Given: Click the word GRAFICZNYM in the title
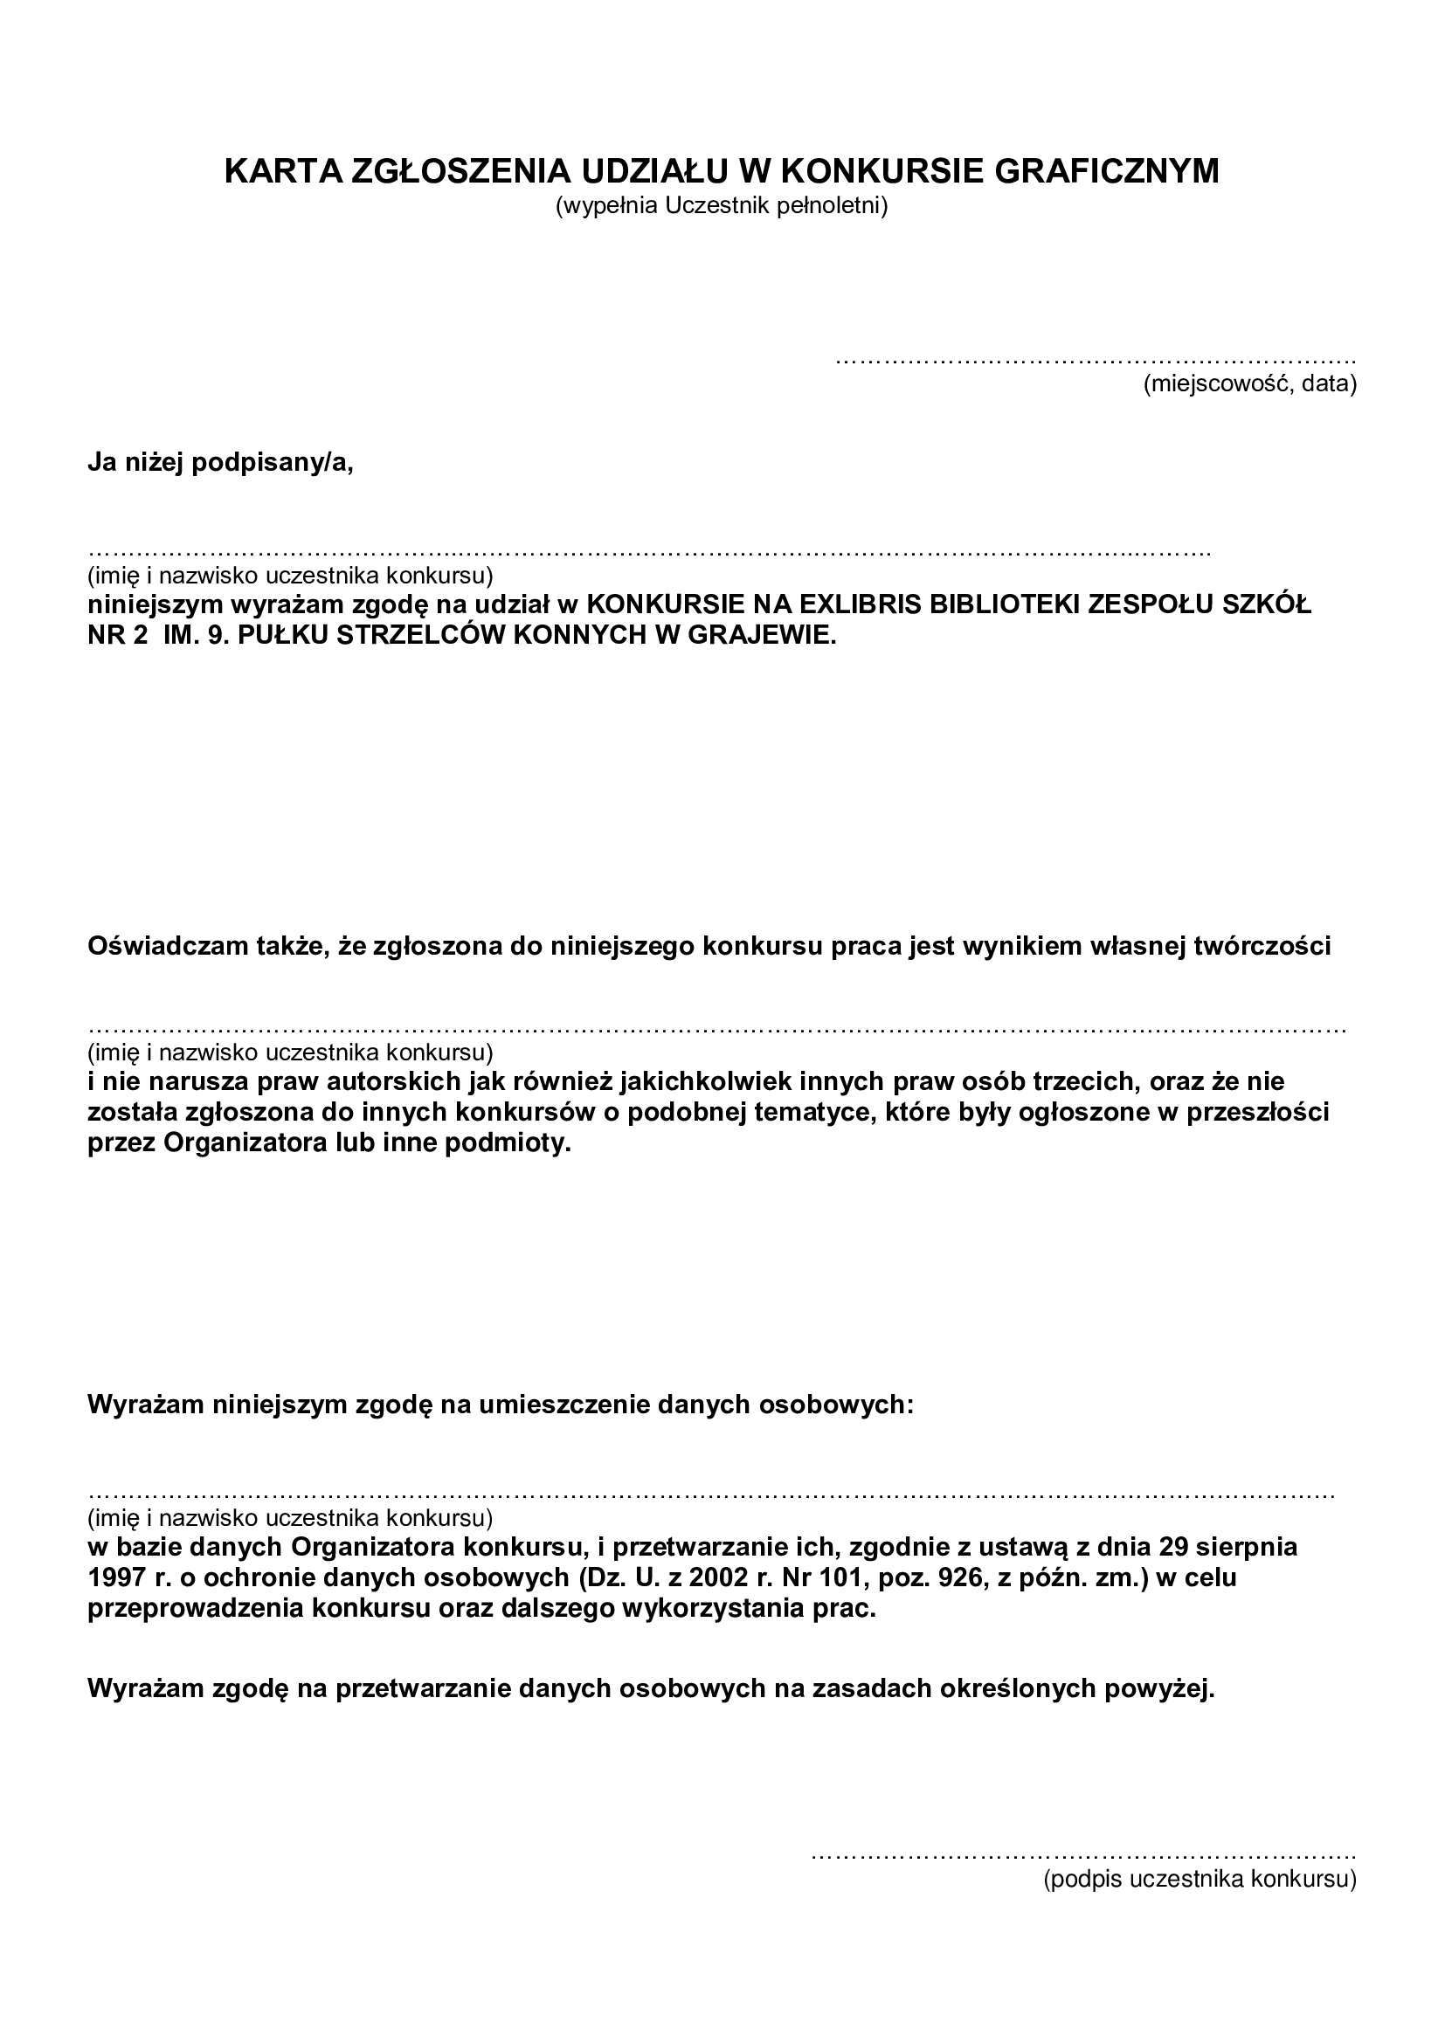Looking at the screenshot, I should [x=1106, y=171].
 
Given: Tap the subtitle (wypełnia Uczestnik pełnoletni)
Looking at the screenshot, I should [x=722, y=206].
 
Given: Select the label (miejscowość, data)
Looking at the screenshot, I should [x=1249, y=384].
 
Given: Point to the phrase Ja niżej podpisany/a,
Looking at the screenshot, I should [x=221, y=464].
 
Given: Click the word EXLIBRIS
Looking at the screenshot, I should [x=853, y=605].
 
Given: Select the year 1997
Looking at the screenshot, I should [x=115, y=1577].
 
